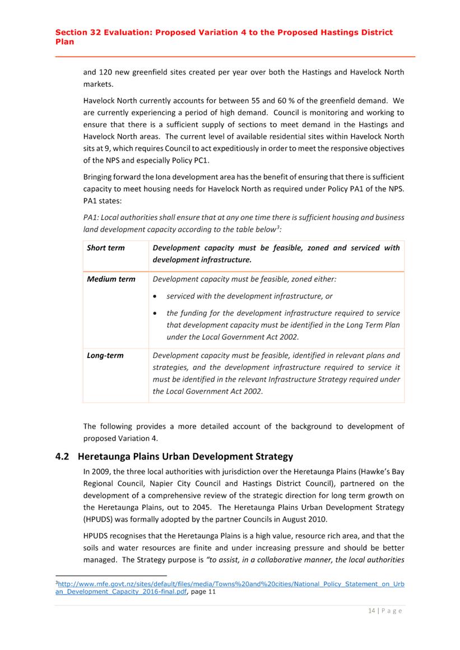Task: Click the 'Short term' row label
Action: coord(106,248)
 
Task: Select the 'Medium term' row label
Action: coord(111,279)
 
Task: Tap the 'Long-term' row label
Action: coord(105,355)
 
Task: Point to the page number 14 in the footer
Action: coord(370,611)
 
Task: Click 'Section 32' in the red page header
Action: coord(77,32)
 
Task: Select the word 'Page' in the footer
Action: coord(391,611)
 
